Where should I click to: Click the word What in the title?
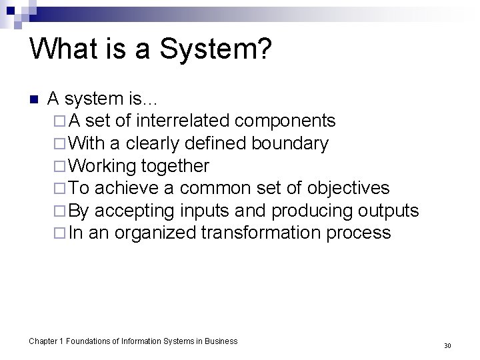tap(61, 51)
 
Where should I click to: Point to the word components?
tap(285, 121)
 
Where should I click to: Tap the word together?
tap(175, 166)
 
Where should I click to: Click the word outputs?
tap(388, 211)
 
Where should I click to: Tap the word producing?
tap(313, 211)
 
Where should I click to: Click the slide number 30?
tap(447, 346)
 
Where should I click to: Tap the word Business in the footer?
tap(221, 341)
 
